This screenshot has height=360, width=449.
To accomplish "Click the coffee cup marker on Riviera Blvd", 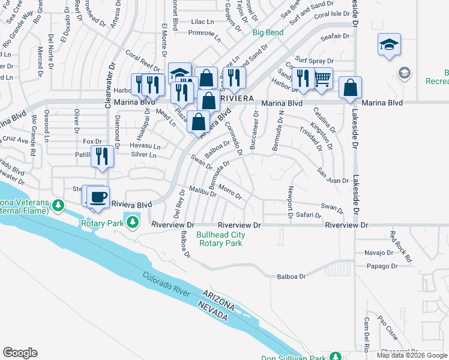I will (x=97, y=196).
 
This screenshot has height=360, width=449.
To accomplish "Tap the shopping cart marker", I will (x=323, y=77).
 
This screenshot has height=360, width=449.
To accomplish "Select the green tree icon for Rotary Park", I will (x=134, y=223).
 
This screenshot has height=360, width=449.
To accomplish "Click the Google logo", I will (x=20, y=353).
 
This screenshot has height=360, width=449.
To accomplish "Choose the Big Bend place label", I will (x=268, y=32).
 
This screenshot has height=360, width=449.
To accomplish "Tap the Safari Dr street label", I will (x=309, y=215).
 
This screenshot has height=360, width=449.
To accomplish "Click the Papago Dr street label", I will (x=380, y=266).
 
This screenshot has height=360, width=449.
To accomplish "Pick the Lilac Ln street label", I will (x=202, y=22).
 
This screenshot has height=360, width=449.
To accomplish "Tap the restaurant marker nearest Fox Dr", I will (x=101, y=157).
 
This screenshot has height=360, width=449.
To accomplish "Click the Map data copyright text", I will (x=411, y=355).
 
